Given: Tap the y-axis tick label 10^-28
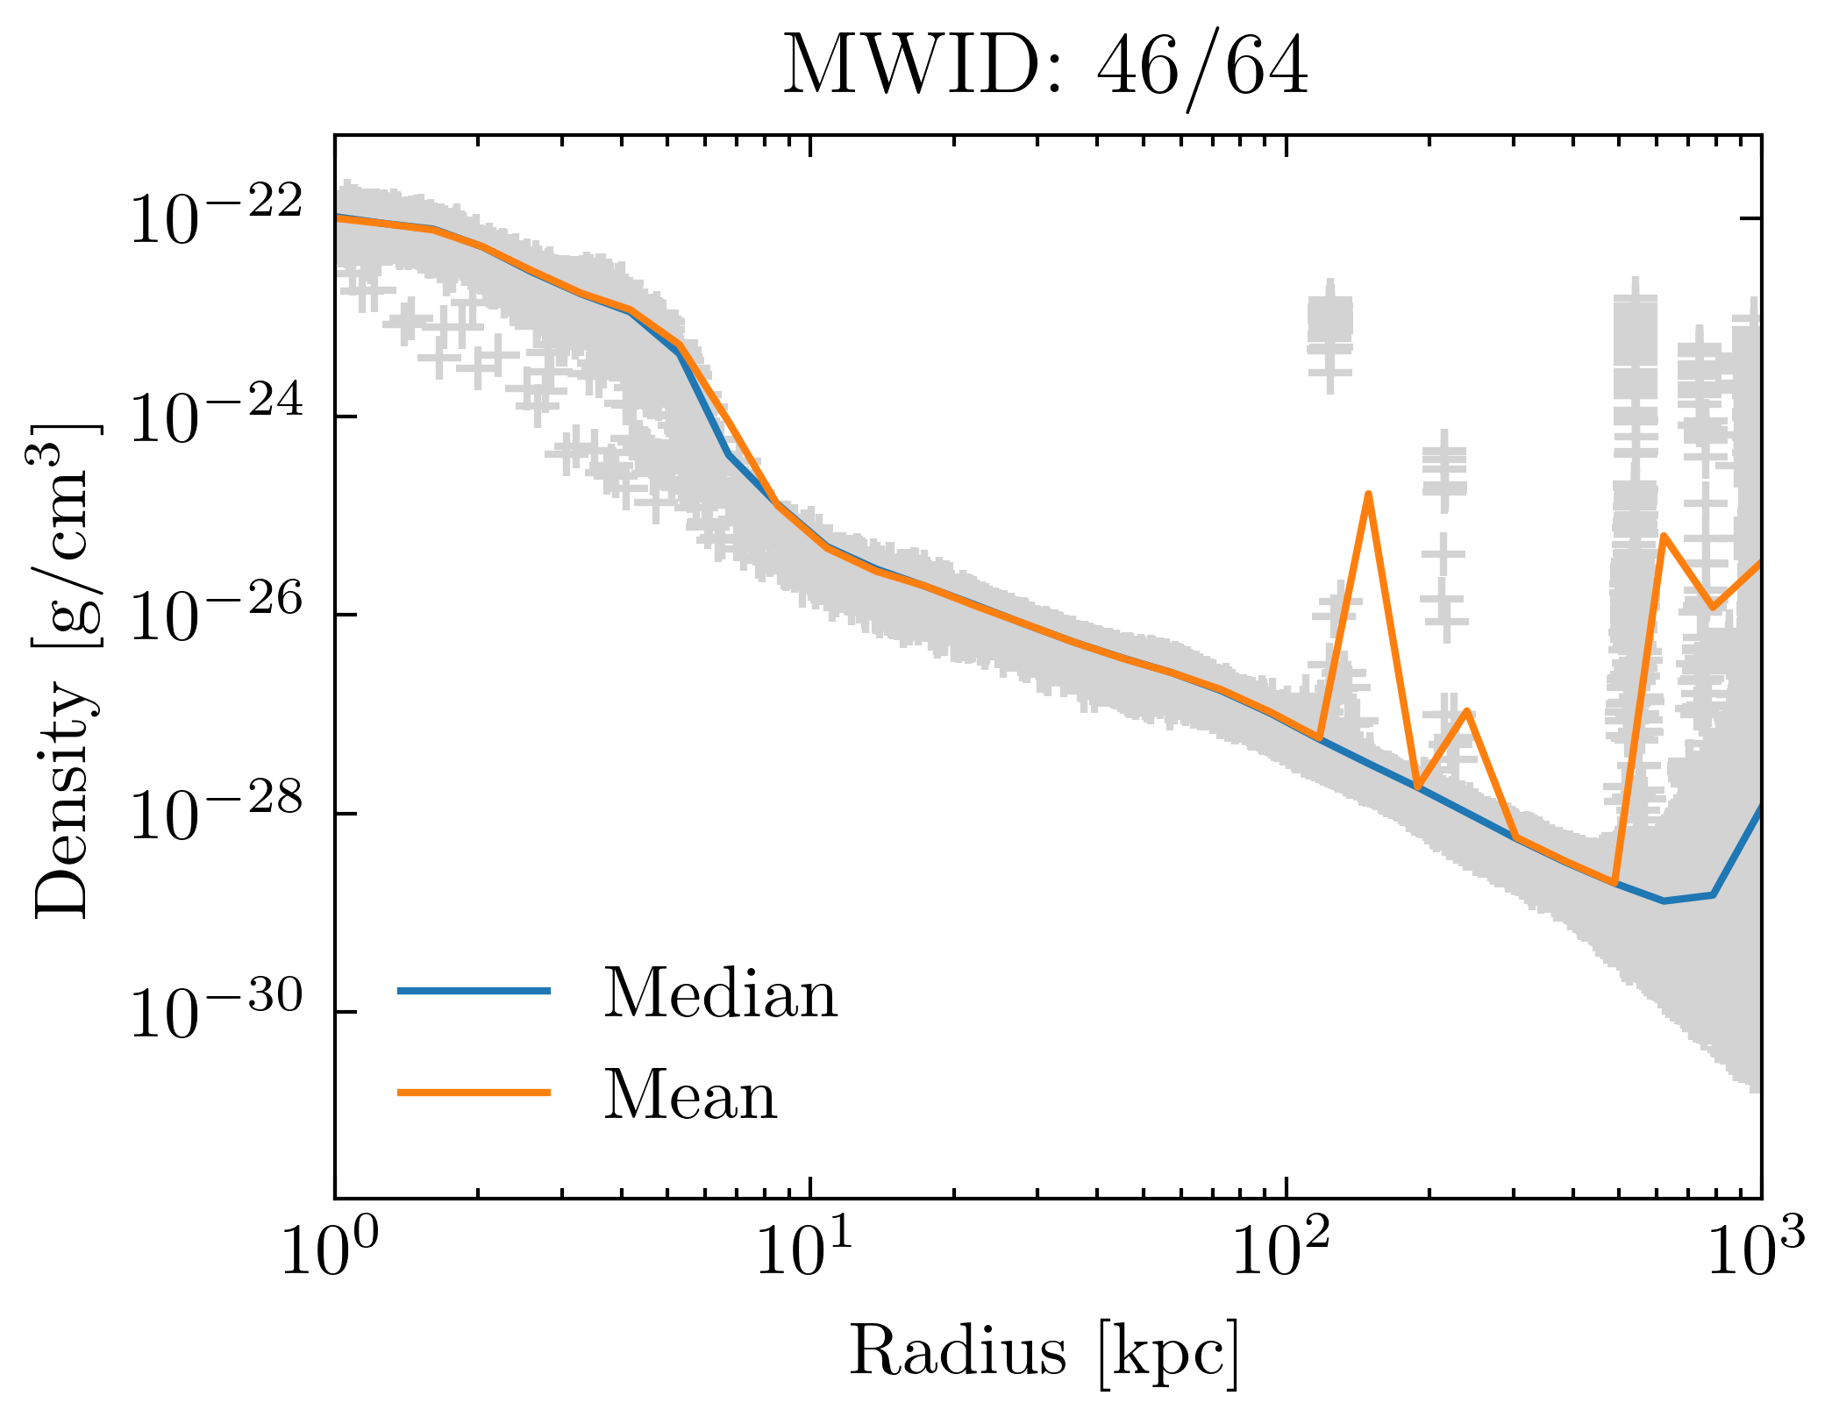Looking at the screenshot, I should pos(216,814).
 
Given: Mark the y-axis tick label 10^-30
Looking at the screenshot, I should pos(216,1012).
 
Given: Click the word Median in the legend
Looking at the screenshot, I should pos(720,994).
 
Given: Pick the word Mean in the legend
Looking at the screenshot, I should pos(690,1096).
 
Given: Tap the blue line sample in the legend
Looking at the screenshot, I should pos(474,991).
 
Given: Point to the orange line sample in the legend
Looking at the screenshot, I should pos(474,1093).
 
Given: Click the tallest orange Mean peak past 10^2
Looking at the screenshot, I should pos(1368,495).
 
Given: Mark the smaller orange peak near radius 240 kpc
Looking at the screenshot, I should pos(1466,711).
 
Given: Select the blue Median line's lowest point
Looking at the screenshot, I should pos(1664,901).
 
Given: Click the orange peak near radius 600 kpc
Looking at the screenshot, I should pos(1664,536).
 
